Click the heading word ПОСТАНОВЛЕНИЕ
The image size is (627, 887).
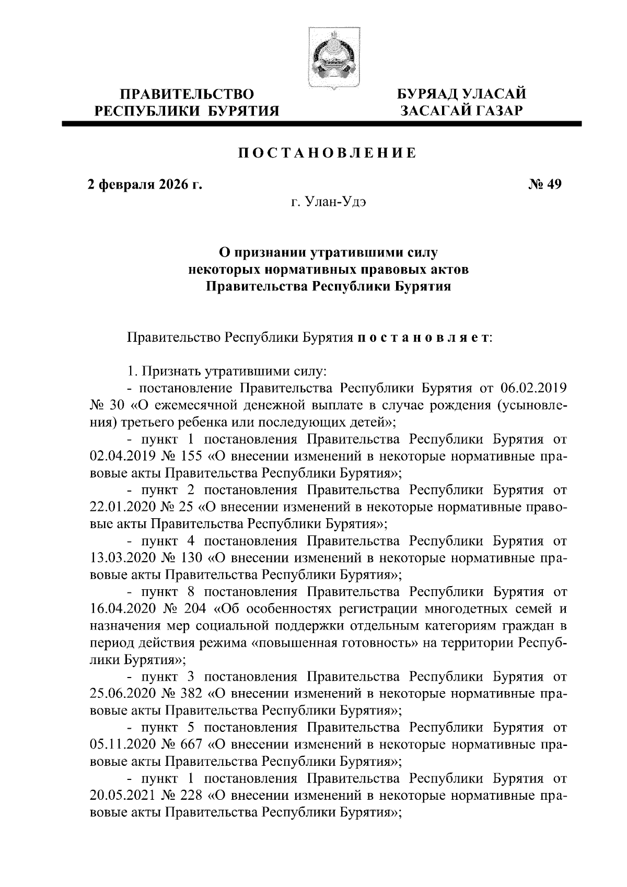(x=327, y=153)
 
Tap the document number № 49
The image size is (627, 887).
(x=544, y=185)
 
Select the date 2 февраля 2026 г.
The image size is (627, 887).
(x=145, y=185)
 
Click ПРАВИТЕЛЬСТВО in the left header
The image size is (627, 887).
(x=187, y=95)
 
